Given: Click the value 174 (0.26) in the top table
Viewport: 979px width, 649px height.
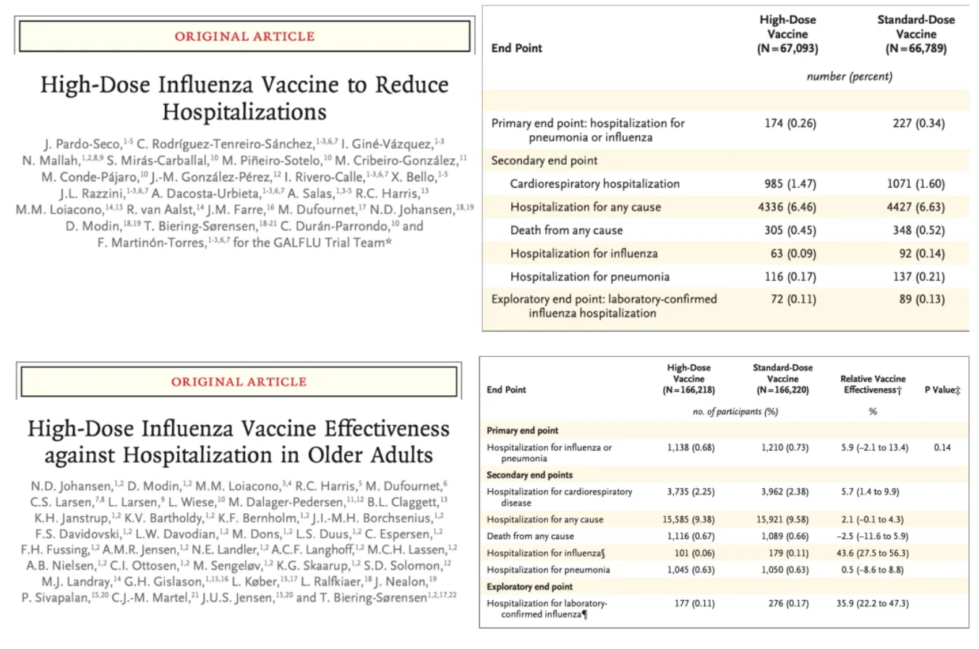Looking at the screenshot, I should [790, 123].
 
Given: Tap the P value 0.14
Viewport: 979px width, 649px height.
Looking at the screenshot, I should [942, 447].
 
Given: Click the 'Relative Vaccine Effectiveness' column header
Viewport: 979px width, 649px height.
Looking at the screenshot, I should [873, 384].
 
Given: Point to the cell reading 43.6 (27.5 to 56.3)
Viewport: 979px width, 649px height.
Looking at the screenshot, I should [875, 553].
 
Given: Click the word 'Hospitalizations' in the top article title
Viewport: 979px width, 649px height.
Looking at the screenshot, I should [244, 112].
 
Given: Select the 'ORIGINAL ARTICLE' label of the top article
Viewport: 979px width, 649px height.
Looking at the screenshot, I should [244, 36].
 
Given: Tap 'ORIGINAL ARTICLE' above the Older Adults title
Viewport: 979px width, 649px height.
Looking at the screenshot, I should [239, 382].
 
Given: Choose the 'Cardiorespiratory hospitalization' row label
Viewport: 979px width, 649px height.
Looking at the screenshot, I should [594, 184].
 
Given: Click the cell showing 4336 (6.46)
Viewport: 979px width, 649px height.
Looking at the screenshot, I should [787, 207].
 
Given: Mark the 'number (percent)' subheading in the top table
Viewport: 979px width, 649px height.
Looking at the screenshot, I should [849, 76].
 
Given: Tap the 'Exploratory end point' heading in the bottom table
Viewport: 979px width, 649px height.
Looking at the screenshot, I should [529, 586].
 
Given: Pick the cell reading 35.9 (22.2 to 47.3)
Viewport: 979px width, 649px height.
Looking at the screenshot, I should [873, 603].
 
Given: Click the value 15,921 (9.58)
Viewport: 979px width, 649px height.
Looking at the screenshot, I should [782, 520].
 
